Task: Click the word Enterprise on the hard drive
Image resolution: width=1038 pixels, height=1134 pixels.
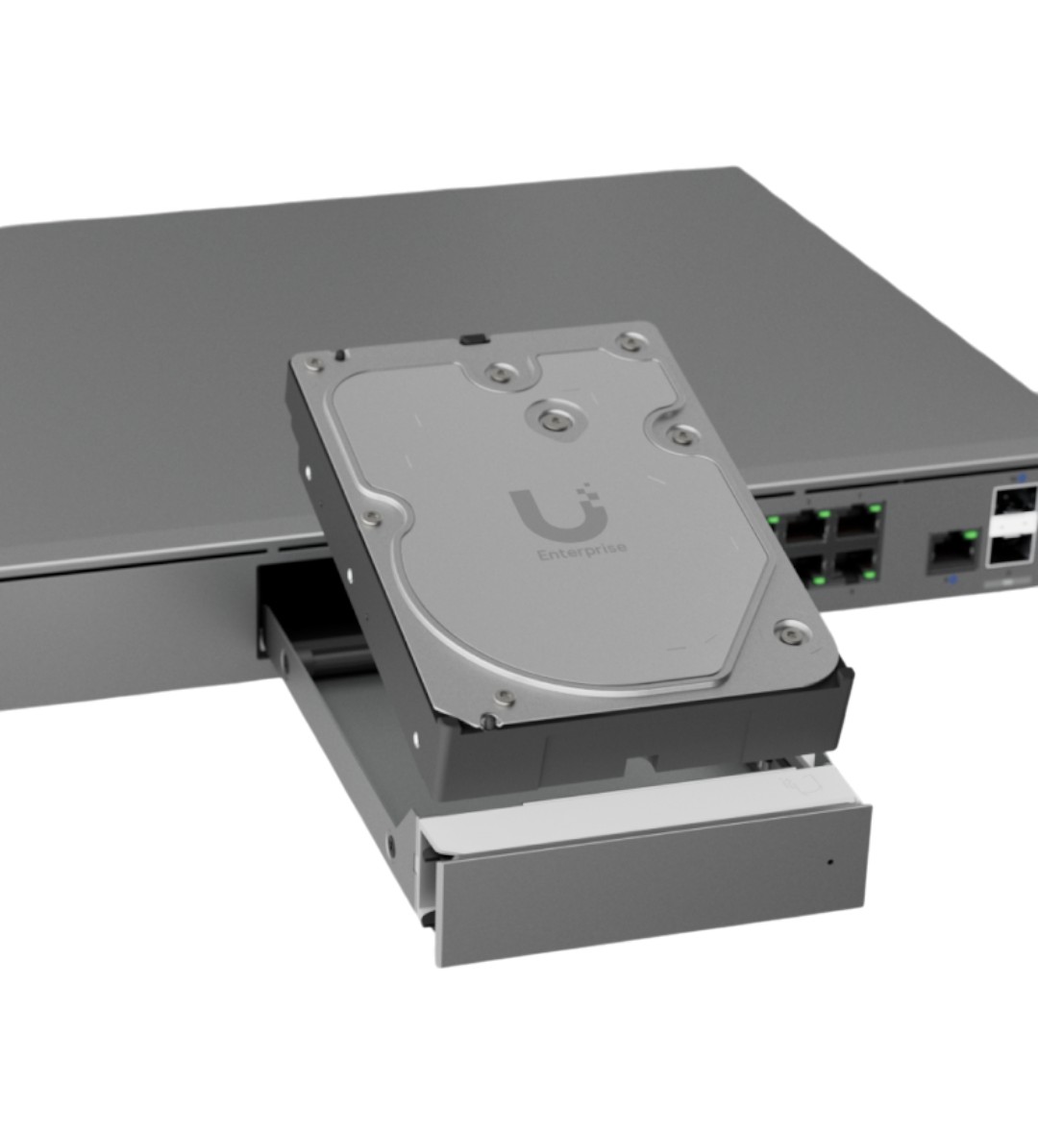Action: point(583,551)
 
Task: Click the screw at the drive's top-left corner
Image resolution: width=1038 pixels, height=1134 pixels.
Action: point(315,363)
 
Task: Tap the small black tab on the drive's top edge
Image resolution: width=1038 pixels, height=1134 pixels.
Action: point(475,338)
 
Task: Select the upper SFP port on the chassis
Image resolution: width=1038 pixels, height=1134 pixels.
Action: point(1016,502)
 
